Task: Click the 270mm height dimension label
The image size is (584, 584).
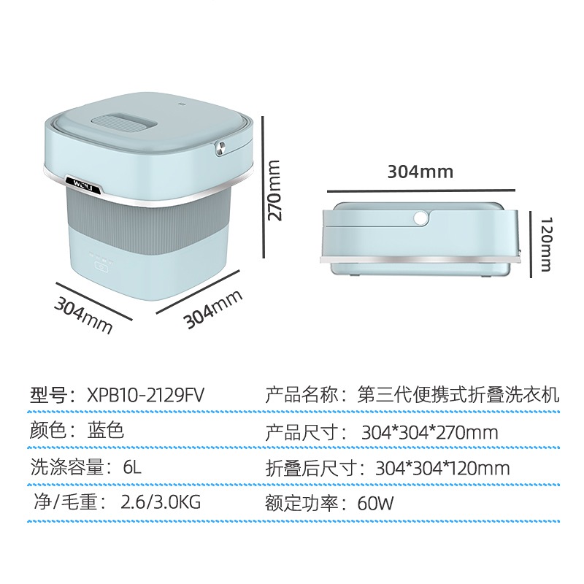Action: tap(274, 192)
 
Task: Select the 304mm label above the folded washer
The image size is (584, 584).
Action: tap(420, 172)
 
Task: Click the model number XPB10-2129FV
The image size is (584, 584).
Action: tap(145, 395)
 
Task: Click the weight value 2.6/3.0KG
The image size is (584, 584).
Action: tap(153, 504)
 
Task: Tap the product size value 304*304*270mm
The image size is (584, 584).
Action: tap(429, 432)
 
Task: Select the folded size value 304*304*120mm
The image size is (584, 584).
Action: tap(442, 468)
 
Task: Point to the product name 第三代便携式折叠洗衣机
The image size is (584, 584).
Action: tap(458, 396)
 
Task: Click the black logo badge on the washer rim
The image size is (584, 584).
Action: tap(77, 182)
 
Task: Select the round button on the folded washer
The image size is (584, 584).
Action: tap(420, 217)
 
